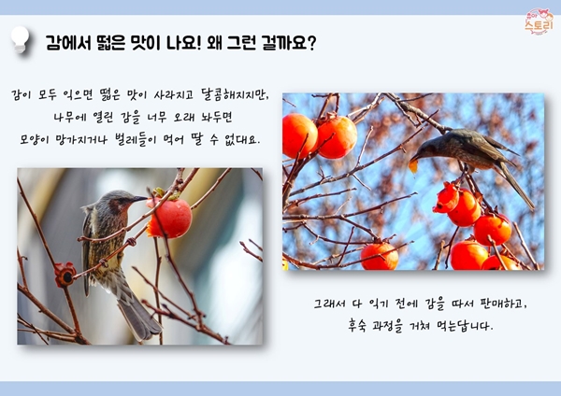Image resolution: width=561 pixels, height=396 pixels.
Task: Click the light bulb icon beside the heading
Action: coord(20,40)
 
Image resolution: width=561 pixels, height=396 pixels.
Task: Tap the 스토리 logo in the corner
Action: coord(539,21)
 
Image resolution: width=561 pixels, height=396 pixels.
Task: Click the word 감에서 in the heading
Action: coord(68,43)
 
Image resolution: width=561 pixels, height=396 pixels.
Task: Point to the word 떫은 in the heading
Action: coord(110,43)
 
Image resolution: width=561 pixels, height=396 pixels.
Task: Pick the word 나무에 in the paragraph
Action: coord(68,118)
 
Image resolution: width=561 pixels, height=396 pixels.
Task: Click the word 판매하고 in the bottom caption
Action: coord(504,304)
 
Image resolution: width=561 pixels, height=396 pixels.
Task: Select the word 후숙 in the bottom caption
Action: coord(357,326)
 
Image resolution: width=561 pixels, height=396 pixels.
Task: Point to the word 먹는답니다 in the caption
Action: coord(465,326)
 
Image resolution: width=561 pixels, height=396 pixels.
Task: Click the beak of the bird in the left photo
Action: coord(139,199)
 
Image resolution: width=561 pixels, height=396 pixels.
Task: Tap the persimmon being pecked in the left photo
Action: coord(169,218)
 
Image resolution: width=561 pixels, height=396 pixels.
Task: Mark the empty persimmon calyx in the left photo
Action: coord(65,275)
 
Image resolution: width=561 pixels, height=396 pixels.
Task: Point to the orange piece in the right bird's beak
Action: coord(413,166)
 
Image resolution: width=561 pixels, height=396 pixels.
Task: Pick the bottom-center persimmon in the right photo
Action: coord(380,256)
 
